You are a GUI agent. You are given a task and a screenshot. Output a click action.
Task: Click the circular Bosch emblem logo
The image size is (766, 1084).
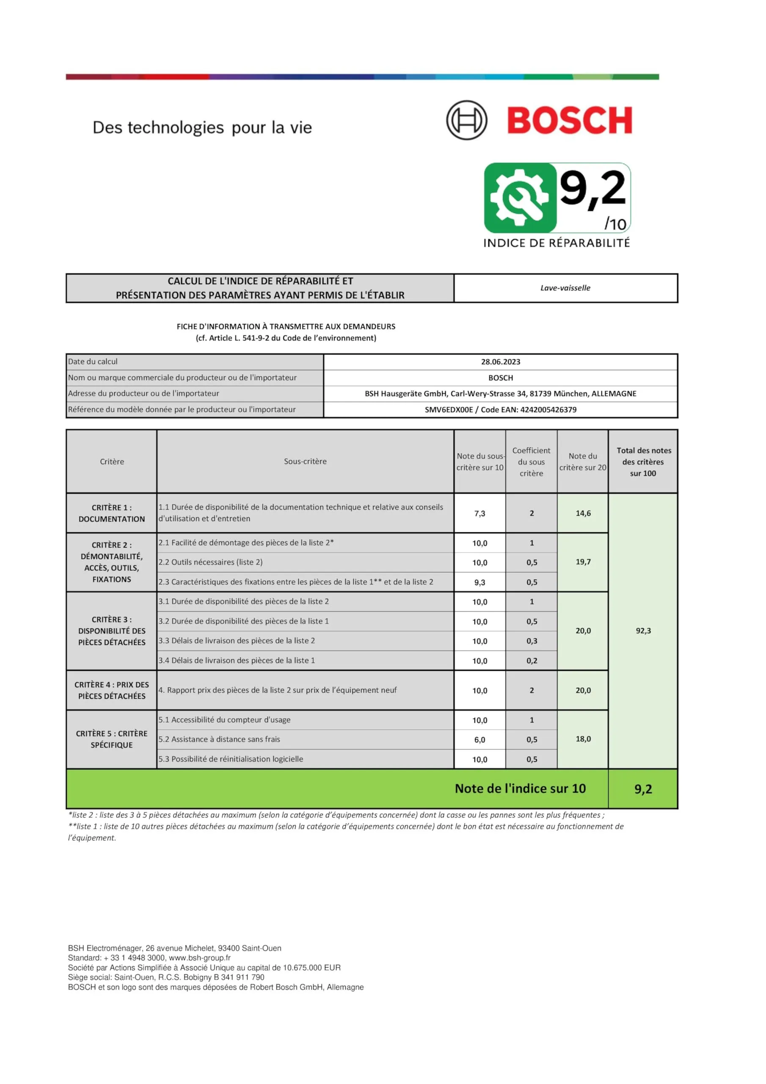(466, 120)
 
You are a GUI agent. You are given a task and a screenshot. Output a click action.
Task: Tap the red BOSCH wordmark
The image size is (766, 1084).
(570, 120)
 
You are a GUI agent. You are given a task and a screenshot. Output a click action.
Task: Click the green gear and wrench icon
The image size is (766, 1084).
(520, 198)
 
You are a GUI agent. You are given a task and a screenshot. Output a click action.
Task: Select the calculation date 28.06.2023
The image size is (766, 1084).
(500, 362)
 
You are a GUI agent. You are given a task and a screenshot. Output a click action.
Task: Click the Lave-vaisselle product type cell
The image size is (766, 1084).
(565, 288)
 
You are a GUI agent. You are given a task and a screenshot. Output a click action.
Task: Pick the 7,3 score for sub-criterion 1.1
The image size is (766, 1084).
(479, 513)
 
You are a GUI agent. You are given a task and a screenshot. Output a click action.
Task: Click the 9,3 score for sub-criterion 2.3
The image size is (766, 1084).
(479, 582)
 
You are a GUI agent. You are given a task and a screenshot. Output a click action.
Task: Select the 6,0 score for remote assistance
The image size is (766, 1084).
(479, 740)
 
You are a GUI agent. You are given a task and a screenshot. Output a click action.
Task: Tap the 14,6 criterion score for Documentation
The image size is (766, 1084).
(583, 513)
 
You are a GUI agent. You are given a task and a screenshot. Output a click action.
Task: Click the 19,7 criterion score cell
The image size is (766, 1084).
(583, 562)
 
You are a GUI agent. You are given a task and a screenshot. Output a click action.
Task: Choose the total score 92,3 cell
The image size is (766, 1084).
(643, 631)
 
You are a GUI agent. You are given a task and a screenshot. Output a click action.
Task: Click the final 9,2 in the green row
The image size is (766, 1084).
(643, 789)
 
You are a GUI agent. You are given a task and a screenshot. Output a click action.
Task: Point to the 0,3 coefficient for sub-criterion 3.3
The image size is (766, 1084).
(532, 641)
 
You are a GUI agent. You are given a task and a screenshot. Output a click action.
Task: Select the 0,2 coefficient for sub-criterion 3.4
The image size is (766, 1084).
(532, 661)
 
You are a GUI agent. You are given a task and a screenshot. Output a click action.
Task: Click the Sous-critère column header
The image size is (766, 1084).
(305, 461)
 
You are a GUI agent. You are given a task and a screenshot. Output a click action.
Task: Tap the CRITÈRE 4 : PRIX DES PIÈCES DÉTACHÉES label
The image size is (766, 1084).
(111, 690)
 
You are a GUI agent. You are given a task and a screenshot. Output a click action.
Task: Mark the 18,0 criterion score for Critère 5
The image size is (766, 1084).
(583, 739)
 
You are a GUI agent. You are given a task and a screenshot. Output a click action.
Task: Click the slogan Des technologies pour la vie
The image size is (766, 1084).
(202, 127)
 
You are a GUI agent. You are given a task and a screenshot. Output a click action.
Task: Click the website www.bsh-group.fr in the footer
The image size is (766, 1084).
(200, 958)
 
